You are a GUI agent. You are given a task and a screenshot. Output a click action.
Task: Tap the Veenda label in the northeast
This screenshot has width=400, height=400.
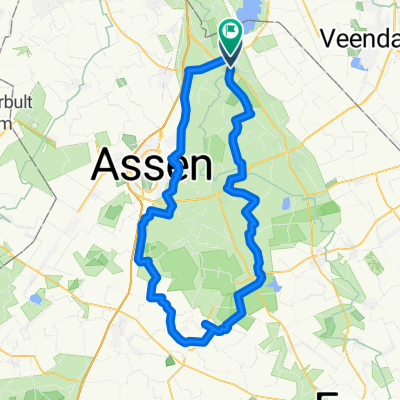358,38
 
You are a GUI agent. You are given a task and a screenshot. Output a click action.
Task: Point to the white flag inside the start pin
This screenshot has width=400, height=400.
231,33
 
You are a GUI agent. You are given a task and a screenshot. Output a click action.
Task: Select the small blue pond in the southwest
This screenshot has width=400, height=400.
36,297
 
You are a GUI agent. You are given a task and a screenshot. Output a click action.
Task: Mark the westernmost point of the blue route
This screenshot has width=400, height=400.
136,258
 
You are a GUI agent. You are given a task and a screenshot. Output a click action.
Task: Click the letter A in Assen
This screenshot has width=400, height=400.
108,165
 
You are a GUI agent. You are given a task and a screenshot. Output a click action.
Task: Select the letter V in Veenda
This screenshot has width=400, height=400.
330,38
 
